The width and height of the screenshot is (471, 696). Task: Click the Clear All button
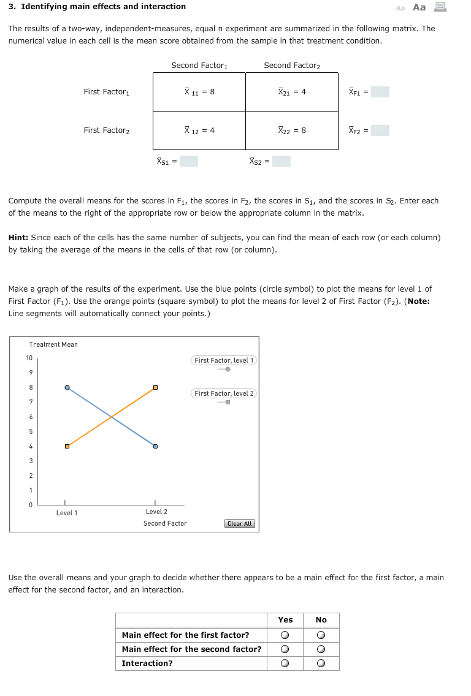click(x=240, y=524)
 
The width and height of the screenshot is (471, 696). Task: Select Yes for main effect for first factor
click(x=285, y=635)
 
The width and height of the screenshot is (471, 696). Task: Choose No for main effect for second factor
click(x=321, y=649)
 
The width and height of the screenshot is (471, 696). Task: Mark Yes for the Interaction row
click(x=285, y=664)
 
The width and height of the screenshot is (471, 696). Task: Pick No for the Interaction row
click(x=321, y=664)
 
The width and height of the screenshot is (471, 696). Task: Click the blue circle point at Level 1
click(x=67, y=387)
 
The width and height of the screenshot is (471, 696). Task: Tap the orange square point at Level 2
click(x=155, y=387)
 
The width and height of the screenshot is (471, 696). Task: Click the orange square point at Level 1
click(x=67, y=446)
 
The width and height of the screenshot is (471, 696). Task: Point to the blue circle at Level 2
click(x=155, y=446)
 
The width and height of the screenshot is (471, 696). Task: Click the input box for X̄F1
click(x=380, y=92)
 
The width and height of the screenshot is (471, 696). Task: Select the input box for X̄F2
click(x=380, y=130)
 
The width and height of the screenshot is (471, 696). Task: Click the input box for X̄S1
click(x=188, y=162)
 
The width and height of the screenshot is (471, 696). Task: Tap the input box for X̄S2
click(x=281, y=162)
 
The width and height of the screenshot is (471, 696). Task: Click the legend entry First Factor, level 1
click(x=224, y=360)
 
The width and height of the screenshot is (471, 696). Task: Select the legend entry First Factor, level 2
click(x=224, y=393)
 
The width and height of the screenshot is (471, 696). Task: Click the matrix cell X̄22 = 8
click(x=292, y=130)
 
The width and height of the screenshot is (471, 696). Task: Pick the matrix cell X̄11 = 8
click(x=199, y=92)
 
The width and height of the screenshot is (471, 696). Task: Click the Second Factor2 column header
click(x=292, y=66)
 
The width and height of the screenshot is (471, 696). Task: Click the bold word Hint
click(x=19, y=238)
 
